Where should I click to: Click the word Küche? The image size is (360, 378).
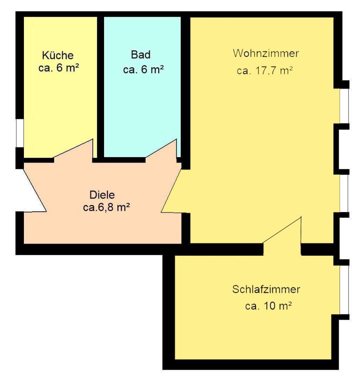(58, 55)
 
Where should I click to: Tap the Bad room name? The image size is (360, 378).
(141, 55)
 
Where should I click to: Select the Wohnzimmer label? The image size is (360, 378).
(266, 53)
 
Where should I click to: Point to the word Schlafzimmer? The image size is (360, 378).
(266, 289)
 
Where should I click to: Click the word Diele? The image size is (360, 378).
(102, 195)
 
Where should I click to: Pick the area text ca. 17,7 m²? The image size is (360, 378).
(264, 71)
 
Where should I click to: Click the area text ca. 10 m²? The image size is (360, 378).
(269, 306)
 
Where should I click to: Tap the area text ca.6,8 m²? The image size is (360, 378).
(107, 207)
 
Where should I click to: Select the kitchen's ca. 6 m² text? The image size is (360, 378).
(58, 68)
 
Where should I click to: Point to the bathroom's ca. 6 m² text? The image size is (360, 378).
(143, 70)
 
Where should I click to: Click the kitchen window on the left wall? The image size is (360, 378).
(19, 133)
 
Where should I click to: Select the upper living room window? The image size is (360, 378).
(344, 106)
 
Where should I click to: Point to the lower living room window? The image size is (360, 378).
(344, 193)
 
